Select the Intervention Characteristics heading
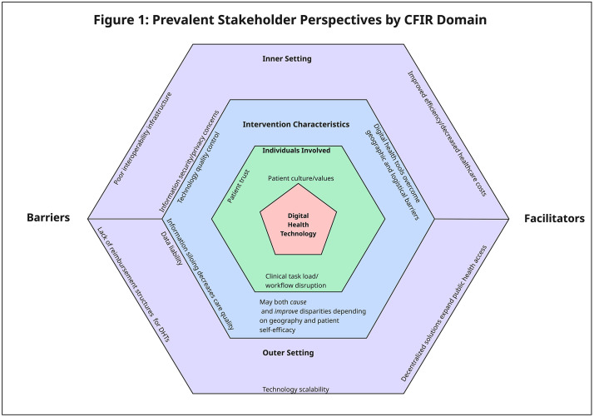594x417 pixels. pos(296,125)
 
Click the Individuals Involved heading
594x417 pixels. pos(296,151)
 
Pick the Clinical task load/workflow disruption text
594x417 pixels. pos(295,280)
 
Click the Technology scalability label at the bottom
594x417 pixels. pos(296,390)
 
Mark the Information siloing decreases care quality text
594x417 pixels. pos(200,275)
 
